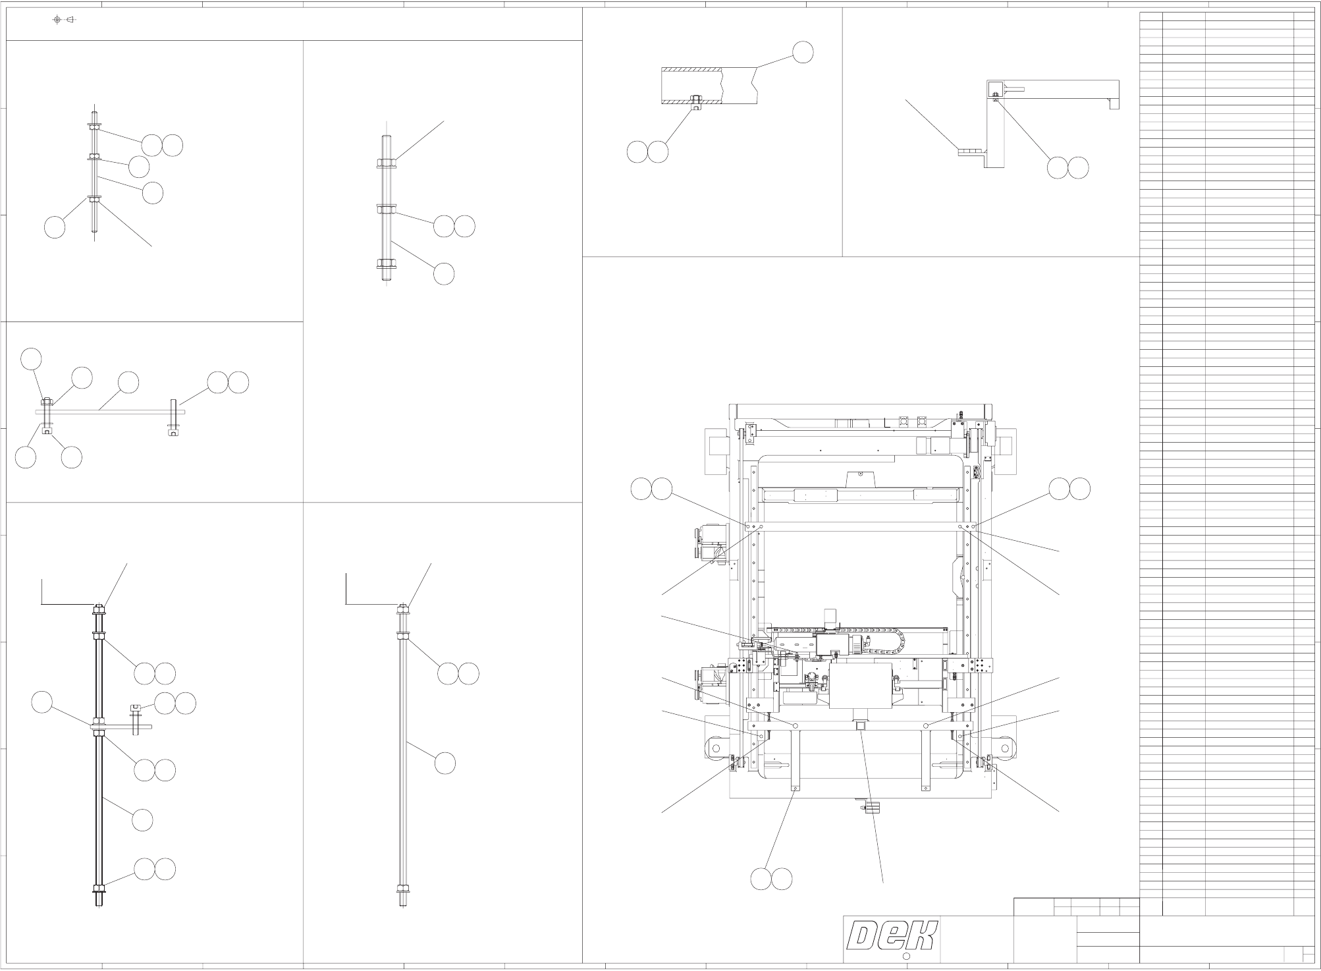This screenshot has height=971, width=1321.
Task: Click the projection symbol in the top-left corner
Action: [64, 19]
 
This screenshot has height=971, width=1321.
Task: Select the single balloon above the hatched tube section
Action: [802, 52]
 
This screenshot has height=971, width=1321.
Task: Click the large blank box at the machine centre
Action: [860, 686]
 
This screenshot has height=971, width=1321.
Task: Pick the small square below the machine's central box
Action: [860, 725]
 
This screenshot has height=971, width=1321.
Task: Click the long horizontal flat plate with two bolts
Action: [110, 412]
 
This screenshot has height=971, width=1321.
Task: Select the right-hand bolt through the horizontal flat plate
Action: [173, 416]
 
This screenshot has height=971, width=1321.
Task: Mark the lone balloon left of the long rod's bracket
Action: [42, 702]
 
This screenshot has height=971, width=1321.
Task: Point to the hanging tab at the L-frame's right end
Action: [1114, 103]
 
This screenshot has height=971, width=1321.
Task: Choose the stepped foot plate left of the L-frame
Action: [969, 152]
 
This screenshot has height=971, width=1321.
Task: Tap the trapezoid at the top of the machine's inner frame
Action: [860, 477]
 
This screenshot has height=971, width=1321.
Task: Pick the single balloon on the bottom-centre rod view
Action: [445, 763]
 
